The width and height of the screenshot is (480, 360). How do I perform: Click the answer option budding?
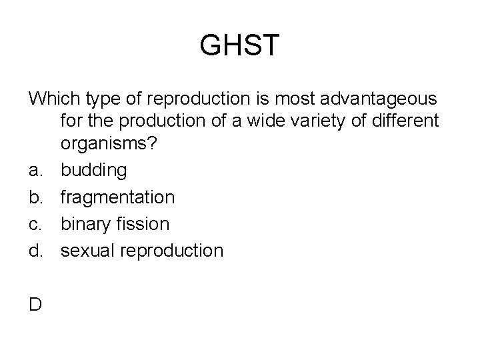click(93, 171)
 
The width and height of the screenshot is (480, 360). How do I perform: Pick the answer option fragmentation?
click(118, 197)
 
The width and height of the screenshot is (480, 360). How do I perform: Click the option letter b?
click(35, 197)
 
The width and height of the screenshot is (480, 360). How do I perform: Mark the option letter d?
click(35, 251)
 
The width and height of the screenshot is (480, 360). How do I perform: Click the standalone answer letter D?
click(35, 305)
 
